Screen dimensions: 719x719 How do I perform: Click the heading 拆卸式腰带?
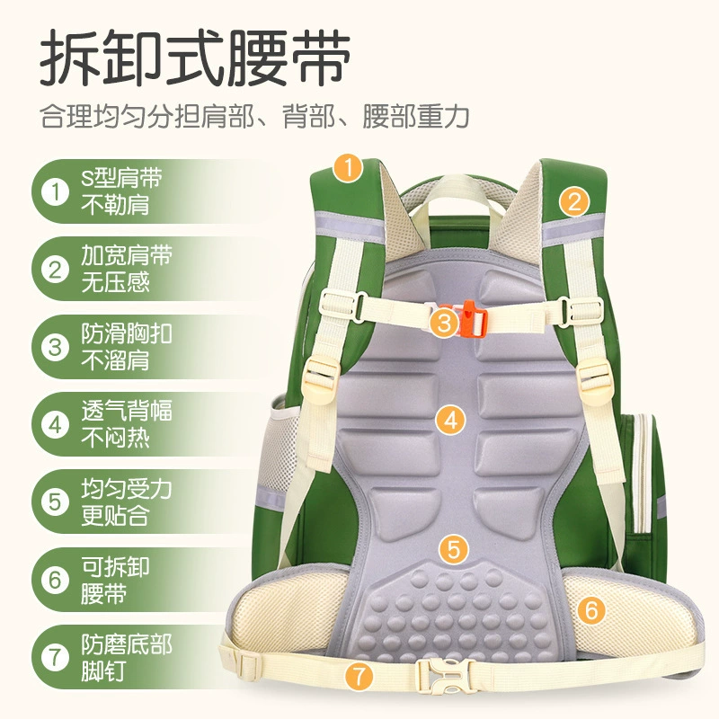pos(195,58)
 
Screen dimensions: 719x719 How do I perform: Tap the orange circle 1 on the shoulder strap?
pos(349,168)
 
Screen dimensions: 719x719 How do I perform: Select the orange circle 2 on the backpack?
pos(574,202)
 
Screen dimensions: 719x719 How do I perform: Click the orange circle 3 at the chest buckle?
pos(444,322)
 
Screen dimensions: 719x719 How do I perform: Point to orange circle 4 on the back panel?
pos(451,420)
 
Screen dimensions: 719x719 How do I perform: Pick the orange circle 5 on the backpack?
pos(454,549)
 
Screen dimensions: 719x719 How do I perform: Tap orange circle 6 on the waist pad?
pos(591,610)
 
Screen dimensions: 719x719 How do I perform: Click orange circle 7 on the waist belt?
pos(359,676)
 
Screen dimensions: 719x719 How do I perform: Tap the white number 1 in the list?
pos(56,191)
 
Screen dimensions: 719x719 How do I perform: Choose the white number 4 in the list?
pos(56,424)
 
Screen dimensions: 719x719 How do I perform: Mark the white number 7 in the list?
pos(56,657)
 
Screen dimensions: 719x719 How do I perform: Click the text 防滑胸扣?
pos(127,333)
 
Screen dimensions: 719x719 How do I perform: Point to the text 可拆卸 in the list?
pos(116,567)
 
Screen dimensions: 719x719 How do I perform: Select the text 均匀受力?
pos(127,489)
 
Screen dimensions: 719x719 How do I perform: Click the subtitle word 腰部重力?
pos(416,116)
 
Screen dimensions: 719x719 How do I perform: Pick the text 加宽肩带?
pos(127,255)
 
